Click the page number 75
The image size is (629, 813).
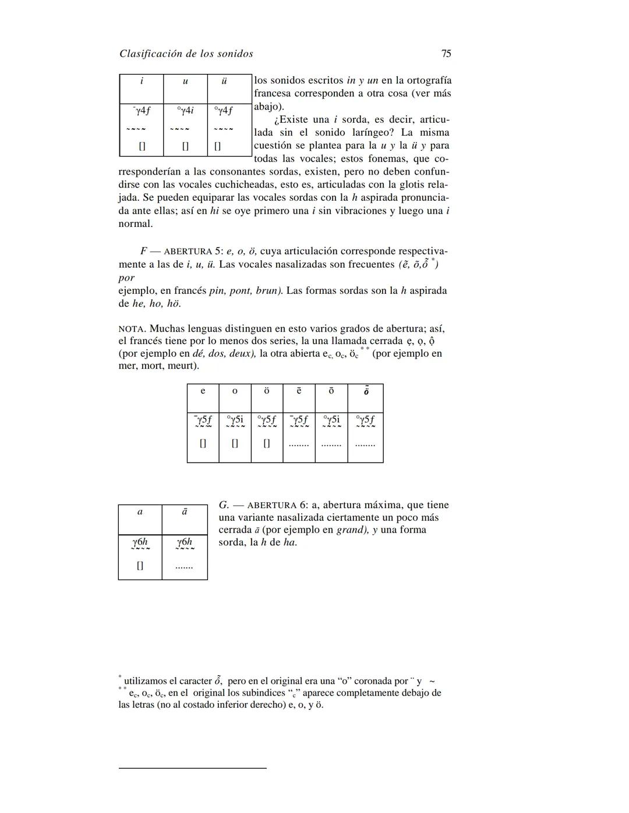coord(446,54)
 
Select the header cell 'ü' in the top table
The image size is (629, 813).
coord(224,81)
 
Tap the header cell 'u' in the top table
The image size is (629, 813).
coord(185,81)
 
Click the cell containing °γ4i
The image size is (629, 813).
coord(185,110)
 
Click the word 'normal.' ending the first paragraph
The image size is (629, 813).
coord(135,224)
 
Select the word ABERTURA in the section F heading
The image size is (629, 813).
coord(188,252)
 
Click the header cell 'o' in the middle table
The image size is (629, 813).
coord(235,391)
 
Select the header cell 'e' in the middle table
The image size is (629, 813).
coord(203,391)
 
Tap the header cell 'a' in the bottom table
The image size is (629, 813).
coord(140,512)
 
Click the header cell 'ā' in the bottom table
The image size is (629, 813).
coord(184,512)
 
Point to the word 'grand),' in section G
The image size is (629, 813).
coord(353,530)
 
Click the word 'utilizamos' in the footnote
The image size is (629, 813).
coord(146,681)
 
